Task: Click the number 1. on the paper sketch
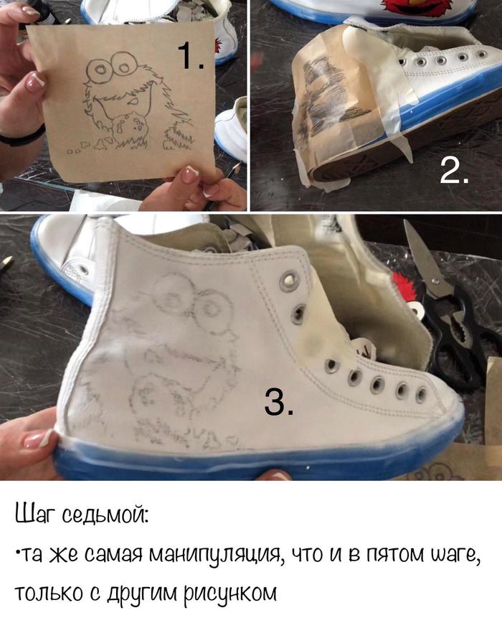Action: tap(191, 55)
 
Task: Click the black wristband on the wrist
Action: tap(21, 136)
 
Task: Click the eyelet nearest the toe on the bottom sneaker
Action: tap(421, 395)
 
